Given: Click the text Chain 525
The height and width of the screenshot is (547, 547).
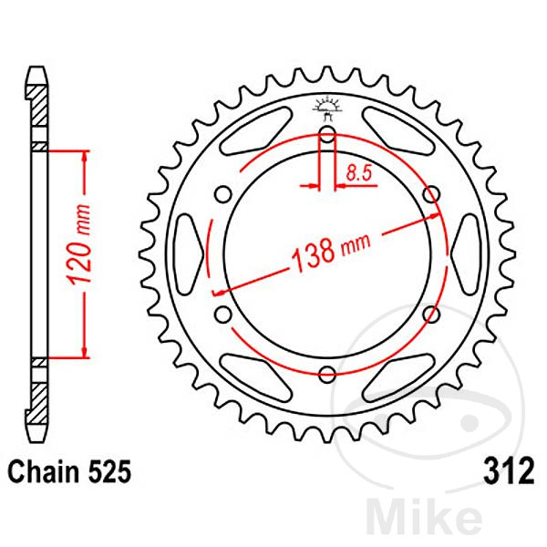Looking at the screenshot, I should click(70, 473).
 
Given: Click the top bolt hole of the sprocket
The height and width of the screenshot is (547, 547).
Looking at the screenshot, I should click(327, 139).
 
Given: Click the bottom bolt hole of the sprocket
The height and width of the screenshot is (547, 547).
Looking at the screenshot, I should click(327, 373).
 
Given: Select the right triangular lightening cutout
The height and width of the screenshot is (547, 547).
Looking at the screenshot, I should click(468, 253).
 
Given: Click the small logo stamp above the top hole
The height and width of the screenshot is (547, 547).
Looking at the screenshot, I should click(327, 106).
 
